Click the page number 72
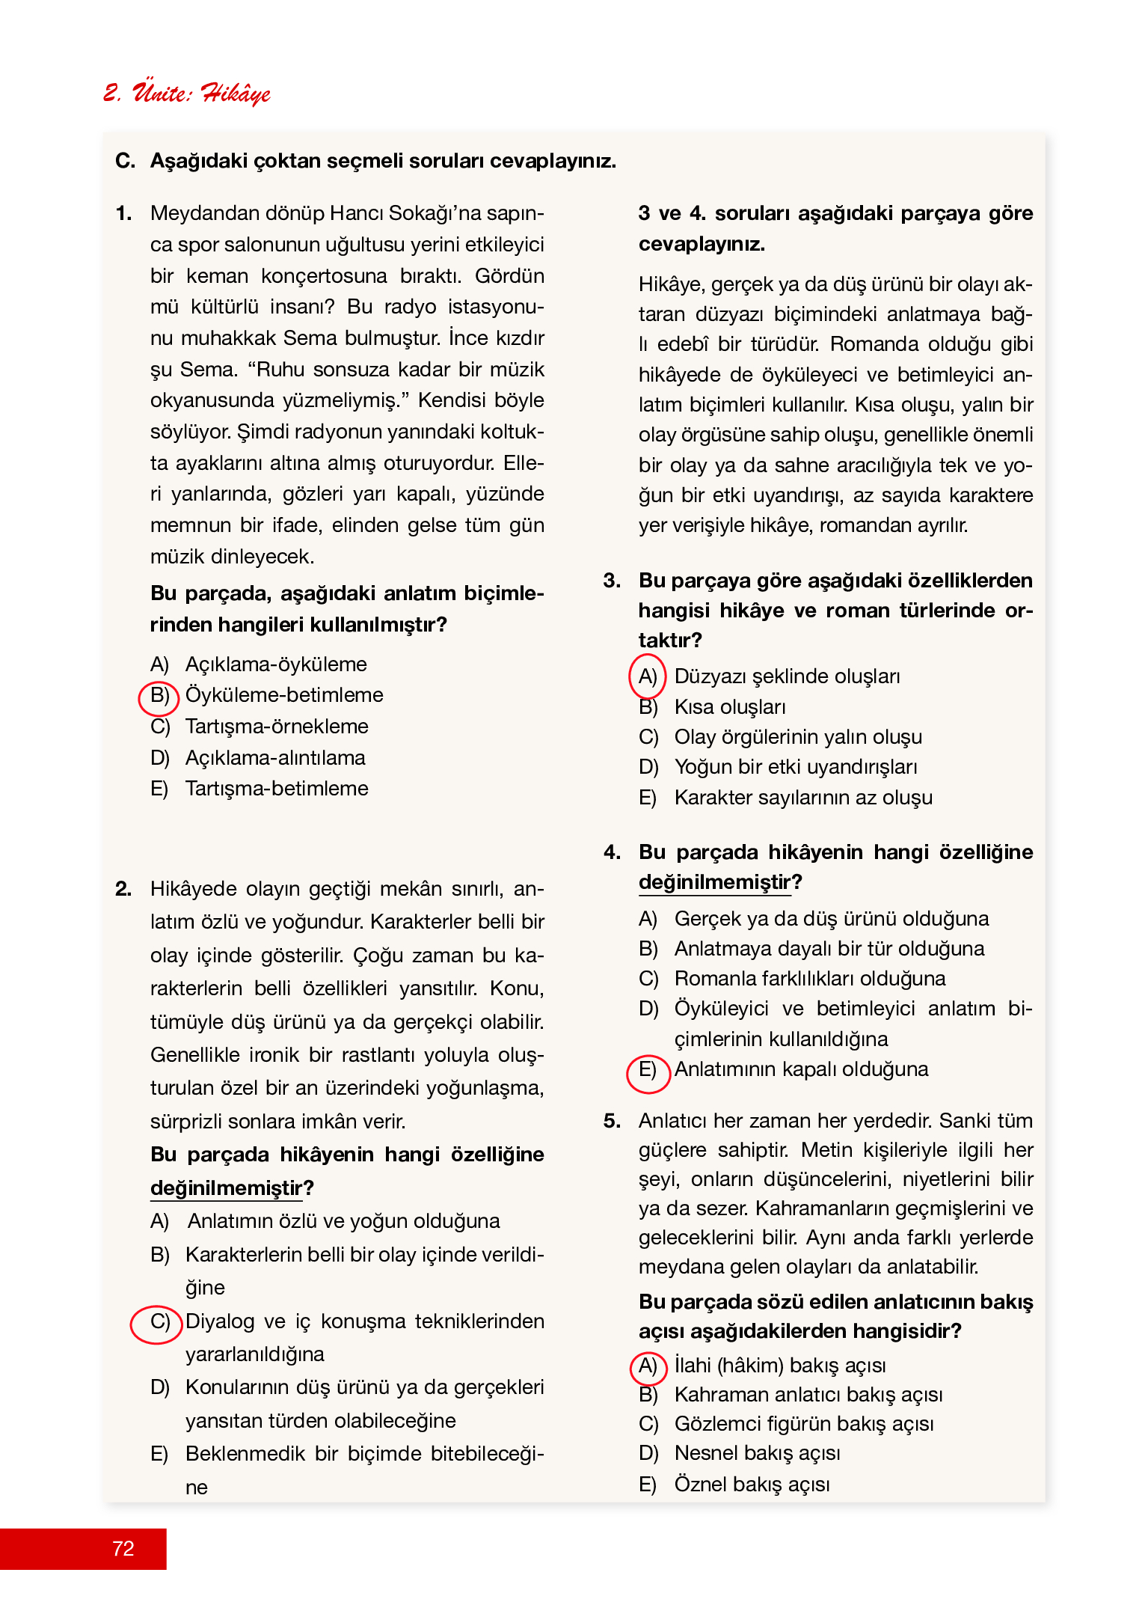pyautogui.click(x=123, y=1548)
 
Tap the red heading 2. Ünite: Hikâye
pyautogui.click(x=187, y=93)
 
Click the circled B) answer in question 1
pyautogui.click(x=159, y=696)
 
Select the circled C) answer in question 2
pyautogui.click(x=159, y=1321)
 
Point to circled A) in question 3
pyautogui.click(x=647, y=676)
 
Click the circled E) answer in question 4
pyautogui.click(x=647, y=1069)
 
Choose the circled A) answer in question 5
pyautogui.click(x=647, y=1366)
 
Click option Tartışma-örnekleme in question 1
pyautogui.click(x=277, y=727)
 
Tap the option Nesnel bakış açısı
pyautogui.click(x=757, y=1453)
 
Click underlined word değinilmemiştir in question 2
pyautogui.click(x=227, y=1188)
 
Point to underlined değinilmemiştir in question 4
pyautogui.click(x=714, y=882)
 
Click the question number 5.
pyautogui.click(x=612, y=1121)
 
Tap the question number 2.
pyautogui.click(x=123, y=889)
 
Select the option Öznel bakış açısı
pyautogui.click(x=752, y=1485)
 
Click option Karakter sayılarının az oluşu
pyautogui.click(x=803, y=798)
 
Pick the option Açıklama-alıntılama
pyautogui.click(x=275, y=758)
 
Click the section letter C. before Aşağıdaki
pyautogui.click(x=125, y=161)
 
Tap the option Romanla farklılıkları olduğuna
pyautogui.click(x=810, y=979)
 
